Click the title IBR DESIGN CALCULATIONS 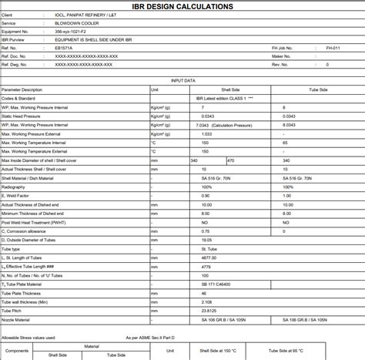point(182,6)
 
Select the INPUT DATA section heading point(182,79)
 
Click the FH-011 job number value point(333,49)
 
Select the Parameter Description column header point(22,89)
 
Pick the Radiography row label point(13,187)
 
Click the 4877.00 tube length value point(209,257)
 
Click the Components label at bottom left point(17,350)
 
